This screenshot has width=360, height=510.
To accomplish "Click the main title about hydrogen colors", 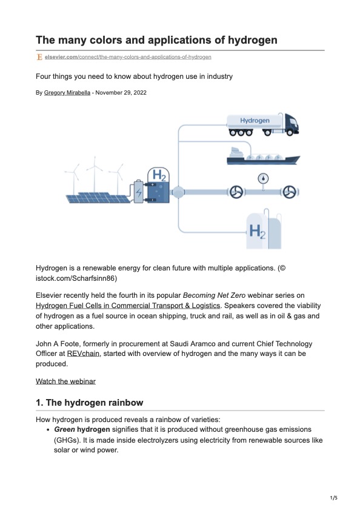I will pos(156,40).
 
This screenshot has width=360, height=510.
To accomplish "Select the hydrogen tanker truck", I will pos(262,124).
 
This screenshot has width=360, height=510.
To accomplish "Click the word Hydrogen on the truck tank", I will pos(255,121).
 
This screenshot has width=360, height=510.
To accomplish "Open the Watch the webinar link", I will pos(65,381).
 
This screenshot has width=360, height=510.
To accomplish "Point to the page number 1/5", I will pos(333,498).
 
